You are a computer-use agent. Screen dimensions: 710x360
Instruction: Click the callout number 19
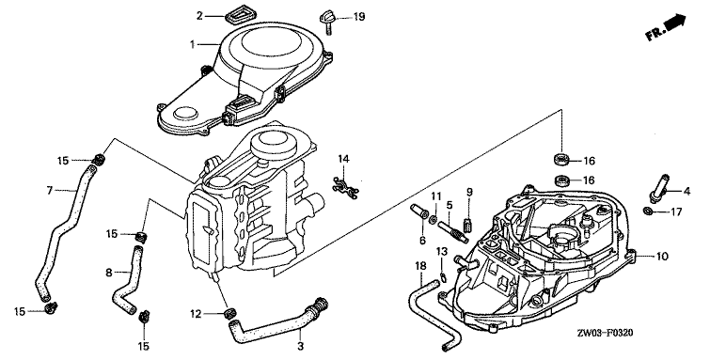tap(359, 17)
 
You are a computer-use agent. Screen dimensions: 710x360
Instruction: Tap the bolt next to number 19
tap(327, 23)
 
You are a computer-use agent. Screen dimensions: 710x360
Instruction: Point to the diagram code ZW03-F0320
tap(605, 334)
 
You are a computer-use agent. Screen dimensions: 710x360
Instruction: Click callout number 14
tap(343, 159)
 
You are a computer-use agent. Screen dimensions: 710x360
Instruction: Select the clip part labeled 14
tap(345, 186)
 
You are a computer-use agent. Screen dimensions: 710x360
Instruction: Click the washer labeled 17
tap(649, 211)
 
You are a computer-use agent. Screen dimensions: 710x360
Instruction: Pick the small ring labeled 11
tap(433, 220)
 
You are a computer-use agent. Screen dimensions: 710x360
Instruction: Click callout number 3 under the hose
tap(300, 347)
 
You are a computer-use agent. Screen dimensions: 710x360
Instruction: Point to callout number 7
tap(50, 190)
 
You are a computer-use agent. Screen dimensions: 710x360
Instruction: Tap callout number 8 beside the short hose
tap(109, 273)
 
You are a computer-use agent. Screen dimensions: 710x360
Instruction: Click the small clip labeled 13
tap(444, 274)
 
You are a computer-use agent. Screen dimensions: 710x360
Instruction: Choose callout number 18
tap(420, 266)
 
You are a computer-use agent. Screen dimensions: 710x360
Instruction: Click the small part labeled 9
tap(469, 224)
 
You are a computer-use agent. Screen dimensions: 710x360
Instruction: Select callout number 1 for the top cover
tap(193, 44)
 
